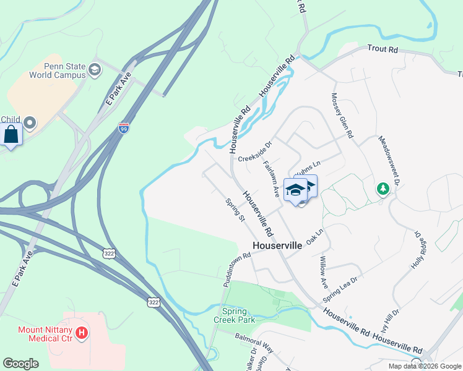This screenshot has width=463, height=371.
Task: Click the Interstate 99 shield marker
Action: click(124, 128)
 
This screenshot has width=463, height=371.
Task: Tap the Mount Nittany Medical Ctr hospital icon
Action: click(82, 335)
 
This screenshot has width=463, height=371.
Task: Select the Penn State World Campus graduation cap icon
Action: click(94, 69)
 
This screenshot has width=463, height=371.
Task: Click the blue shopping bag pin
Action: click(11, 134)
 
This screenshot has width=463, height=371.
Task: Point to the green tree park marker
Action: click(383, 188)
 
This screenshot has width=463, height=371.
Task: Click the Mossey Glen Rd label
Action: click(342, 116)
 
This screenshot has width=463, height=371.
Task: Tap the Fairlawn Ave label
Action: click(272, 179)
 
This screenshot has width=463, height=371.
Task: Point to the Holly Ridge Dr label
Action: click(420, 250)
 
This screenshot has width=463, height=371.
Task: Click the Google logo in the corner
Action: click(20, 364)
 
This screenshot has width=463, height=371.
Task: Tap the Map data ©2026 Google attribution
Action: click(424, 366)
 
